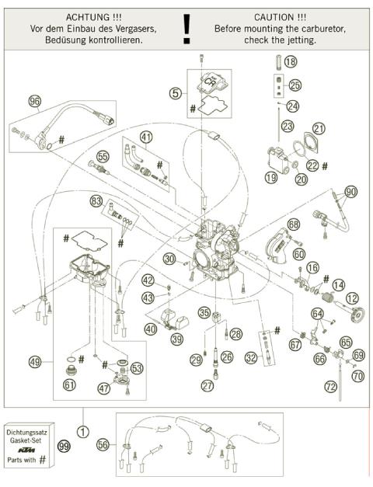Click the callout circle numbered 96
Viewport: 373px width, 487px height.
tap(34, 101)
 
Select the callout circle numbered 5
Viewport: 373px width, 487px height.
tap(176, 92)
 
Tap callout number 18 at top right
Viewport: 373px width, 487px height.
tap(290, 61)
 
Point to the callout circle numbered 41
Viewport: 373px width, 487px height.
tap(146, 137)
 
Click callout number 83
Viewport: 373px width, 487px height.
tap(96, 200)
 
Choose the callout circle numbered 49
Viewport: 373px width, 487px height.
tap(35, 361)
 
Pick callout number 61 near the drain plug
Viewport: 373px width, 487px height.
tap(70, 383)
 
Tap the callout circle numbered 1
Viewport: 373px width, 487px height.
tap(82, 430)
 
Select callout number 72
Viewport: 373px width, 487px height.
tap(329, 386)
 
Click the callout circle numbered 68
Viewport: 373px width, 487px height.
tap(293, 224)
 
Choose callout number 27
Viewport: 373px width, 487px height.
tap(207, 385)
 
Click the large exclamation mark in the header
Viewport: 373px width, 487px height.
tap(186, 29)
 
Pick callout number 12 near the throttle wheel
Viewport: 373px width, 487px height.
tap(352, 297)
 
